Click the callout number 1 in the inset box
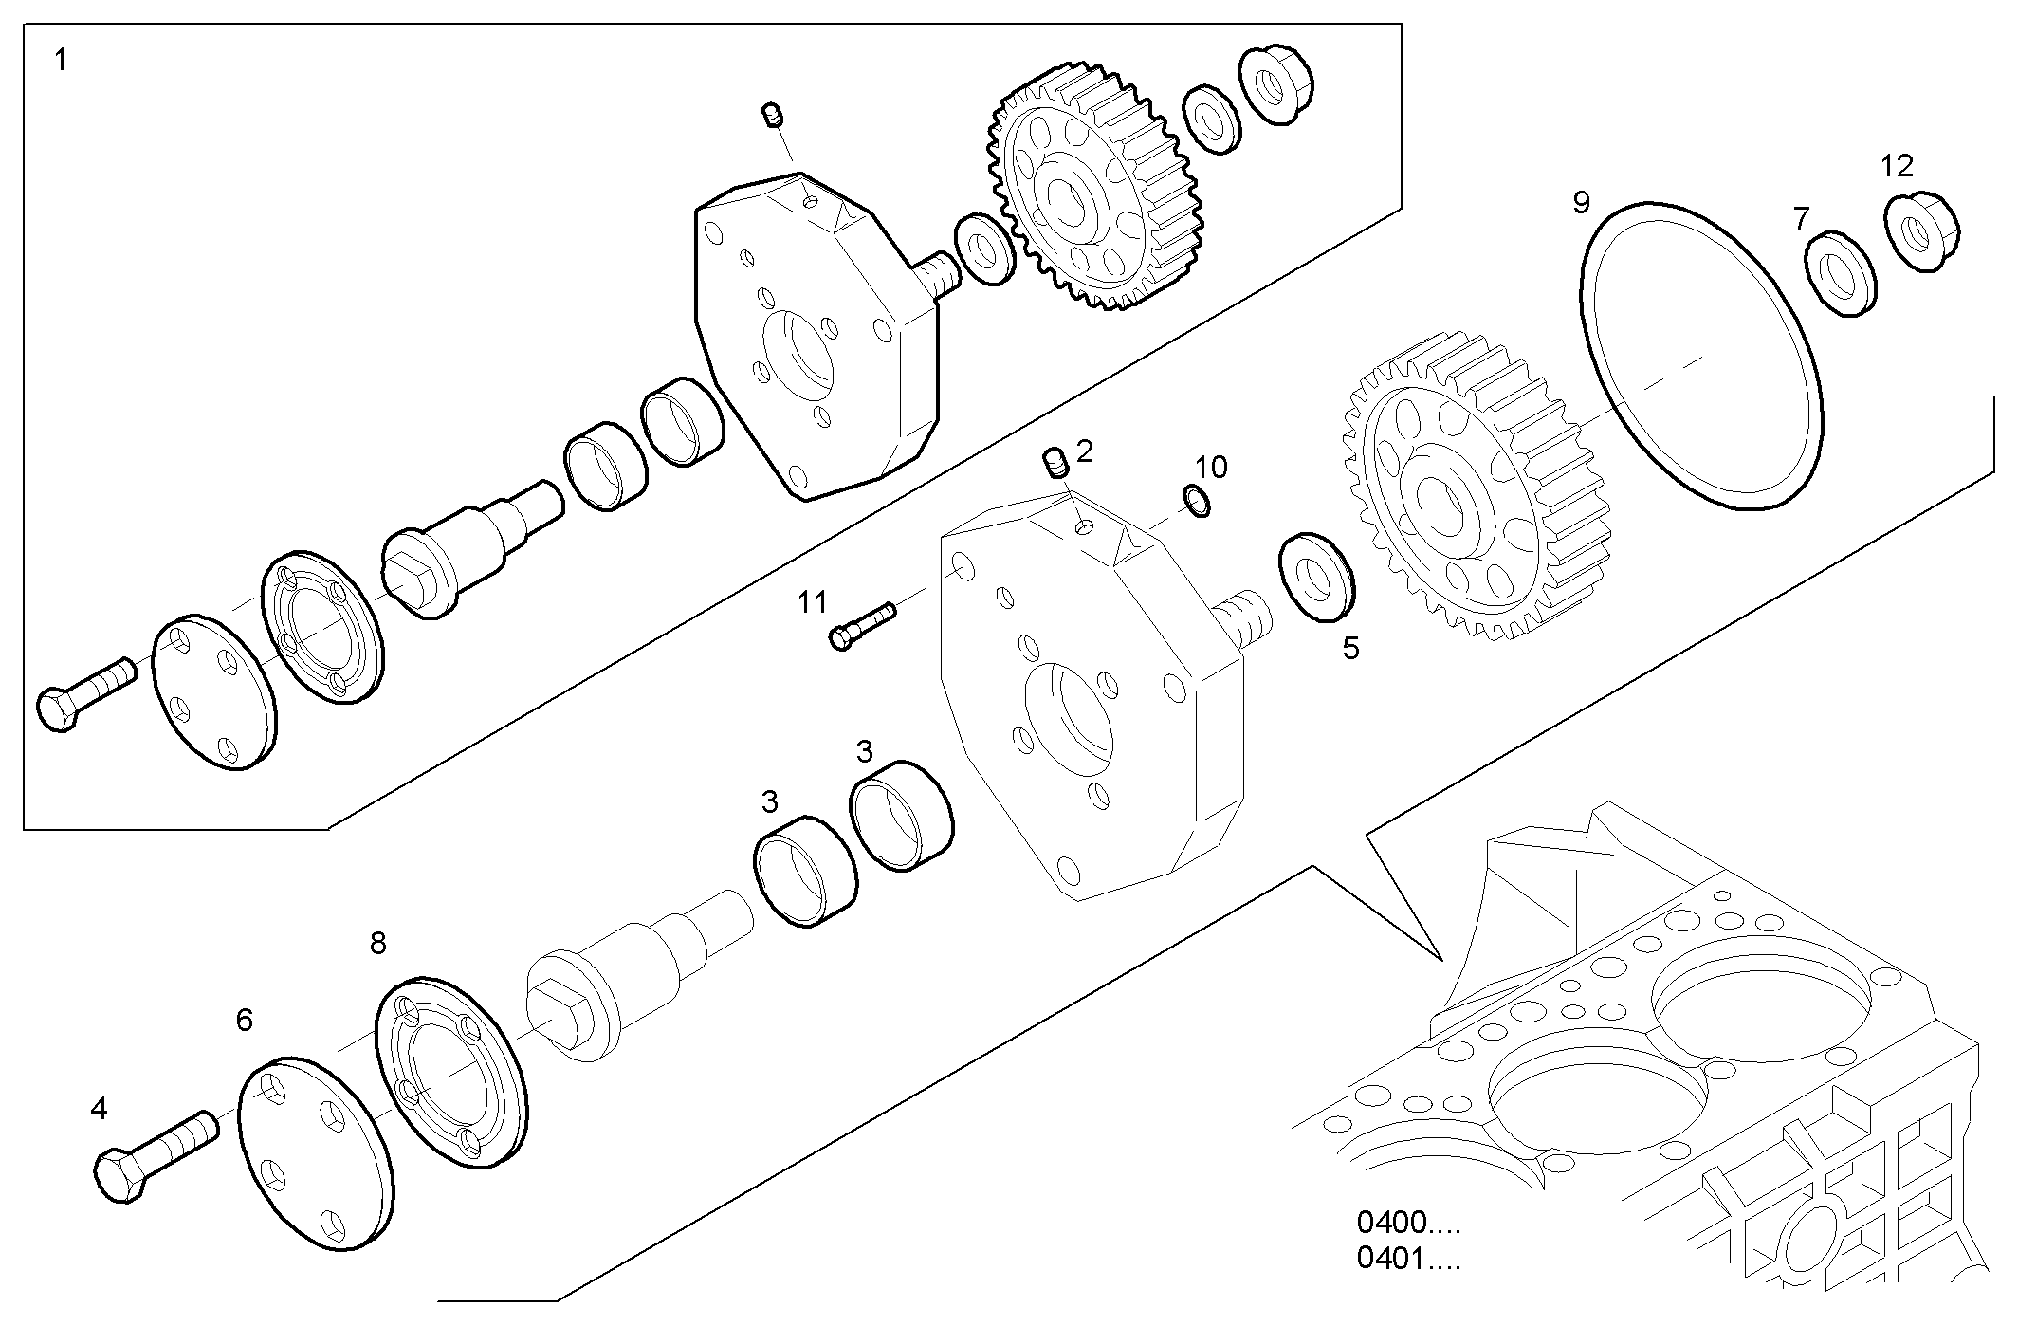click(x=61, y=62)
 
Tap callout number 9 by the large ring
click(x=1582, y=202)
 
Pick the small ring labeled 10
click(x=1199, y=501)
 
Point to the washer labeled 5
click(x=1318, y=579)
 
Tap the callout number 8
click(x=377, y=943)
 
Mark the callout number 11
click(x=812, y=601)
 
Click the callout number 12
click(x=1897, y=166)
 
